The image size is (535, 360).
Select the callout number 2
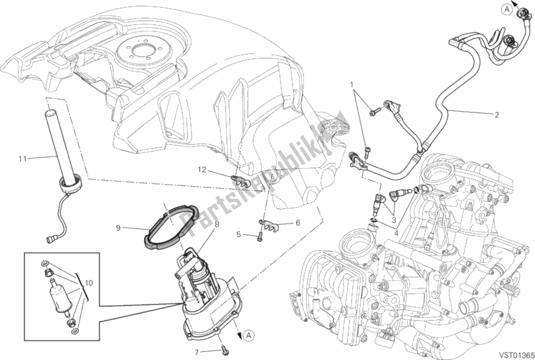pos(497,114)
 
